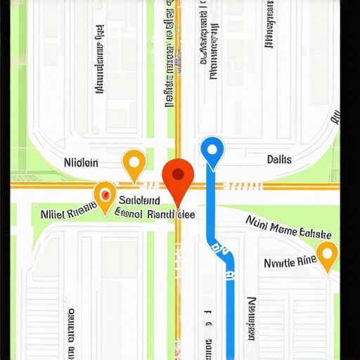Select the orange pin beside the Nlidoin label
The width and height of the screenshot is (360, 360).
click(134, 164)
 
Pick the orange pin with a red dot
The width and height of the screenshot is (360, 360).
click(105, 195)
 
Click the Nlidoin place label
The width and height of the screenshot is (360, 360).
click(81, 163)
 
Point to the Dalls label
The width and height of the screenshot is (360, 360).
click(279, 160)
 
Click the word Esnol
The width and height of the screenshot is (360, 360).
click(128, 211)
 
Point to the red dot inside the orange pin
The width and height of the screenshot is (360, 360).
click(105, 192)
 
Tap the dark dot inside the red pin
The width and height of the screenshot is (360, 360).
click(178, 172)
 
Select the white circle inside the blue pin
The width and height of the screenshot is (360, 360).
click(212, 149)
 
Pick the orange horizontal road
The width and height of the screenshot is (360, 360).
click(281, 186)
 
